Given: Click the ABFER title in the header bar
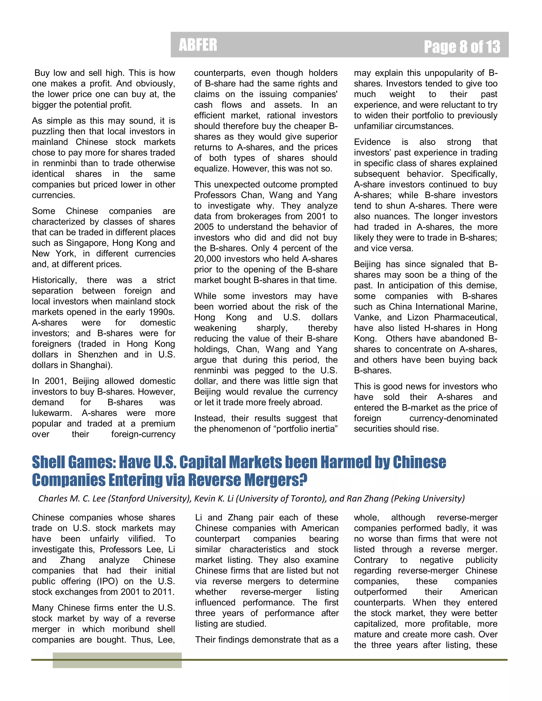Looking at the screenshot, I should pyautogui.click(x=198, y=45).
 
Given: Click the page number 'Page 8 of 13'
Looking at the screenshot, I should pyautogui.click(x=462, y=47).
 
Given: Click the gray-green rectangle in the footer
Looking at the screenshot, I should pyautogui.click(x=117, y=660).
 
